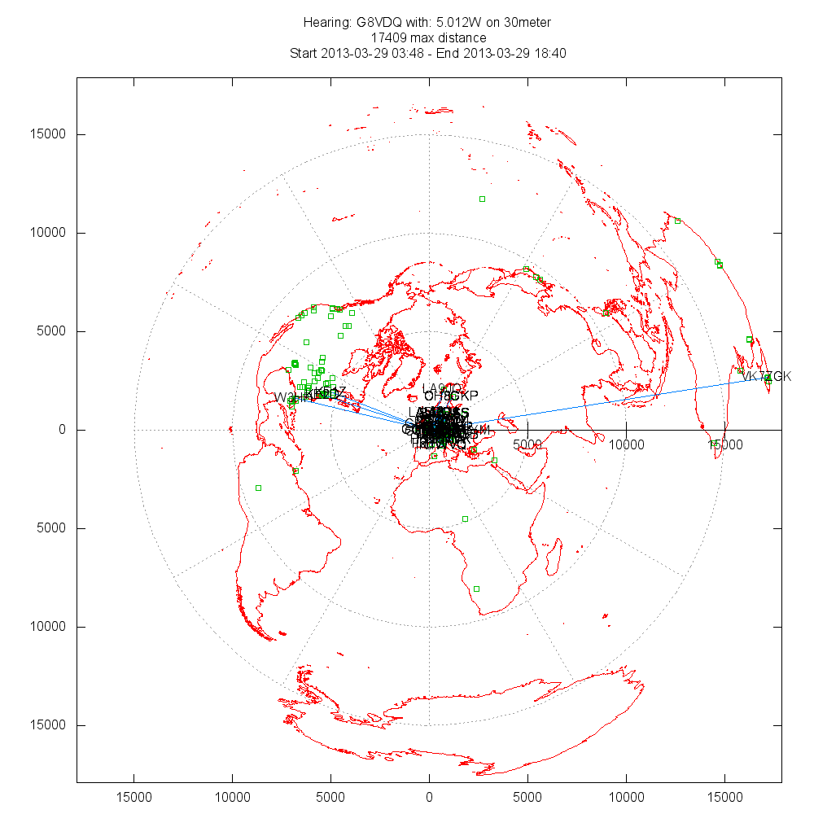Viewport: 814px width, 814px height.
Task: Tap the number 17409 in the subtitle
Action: (x=387, y=37)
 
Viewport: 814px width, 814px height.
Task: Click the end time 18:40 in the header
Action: (x=550, y=53)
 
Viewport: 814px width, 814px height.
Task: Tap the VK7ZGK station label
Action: (x=766, y=376)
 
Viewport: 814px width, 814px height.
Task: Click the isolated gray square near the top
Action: (x=482, y=199)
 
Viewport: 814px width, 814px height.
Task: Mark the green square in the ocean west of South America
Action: (x=258, y=488)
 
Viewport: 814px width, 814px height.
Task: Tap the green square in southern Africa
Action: (x=476, y=589)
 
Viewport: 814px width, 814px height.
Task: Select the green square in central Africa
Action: (x=465, y=519)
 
